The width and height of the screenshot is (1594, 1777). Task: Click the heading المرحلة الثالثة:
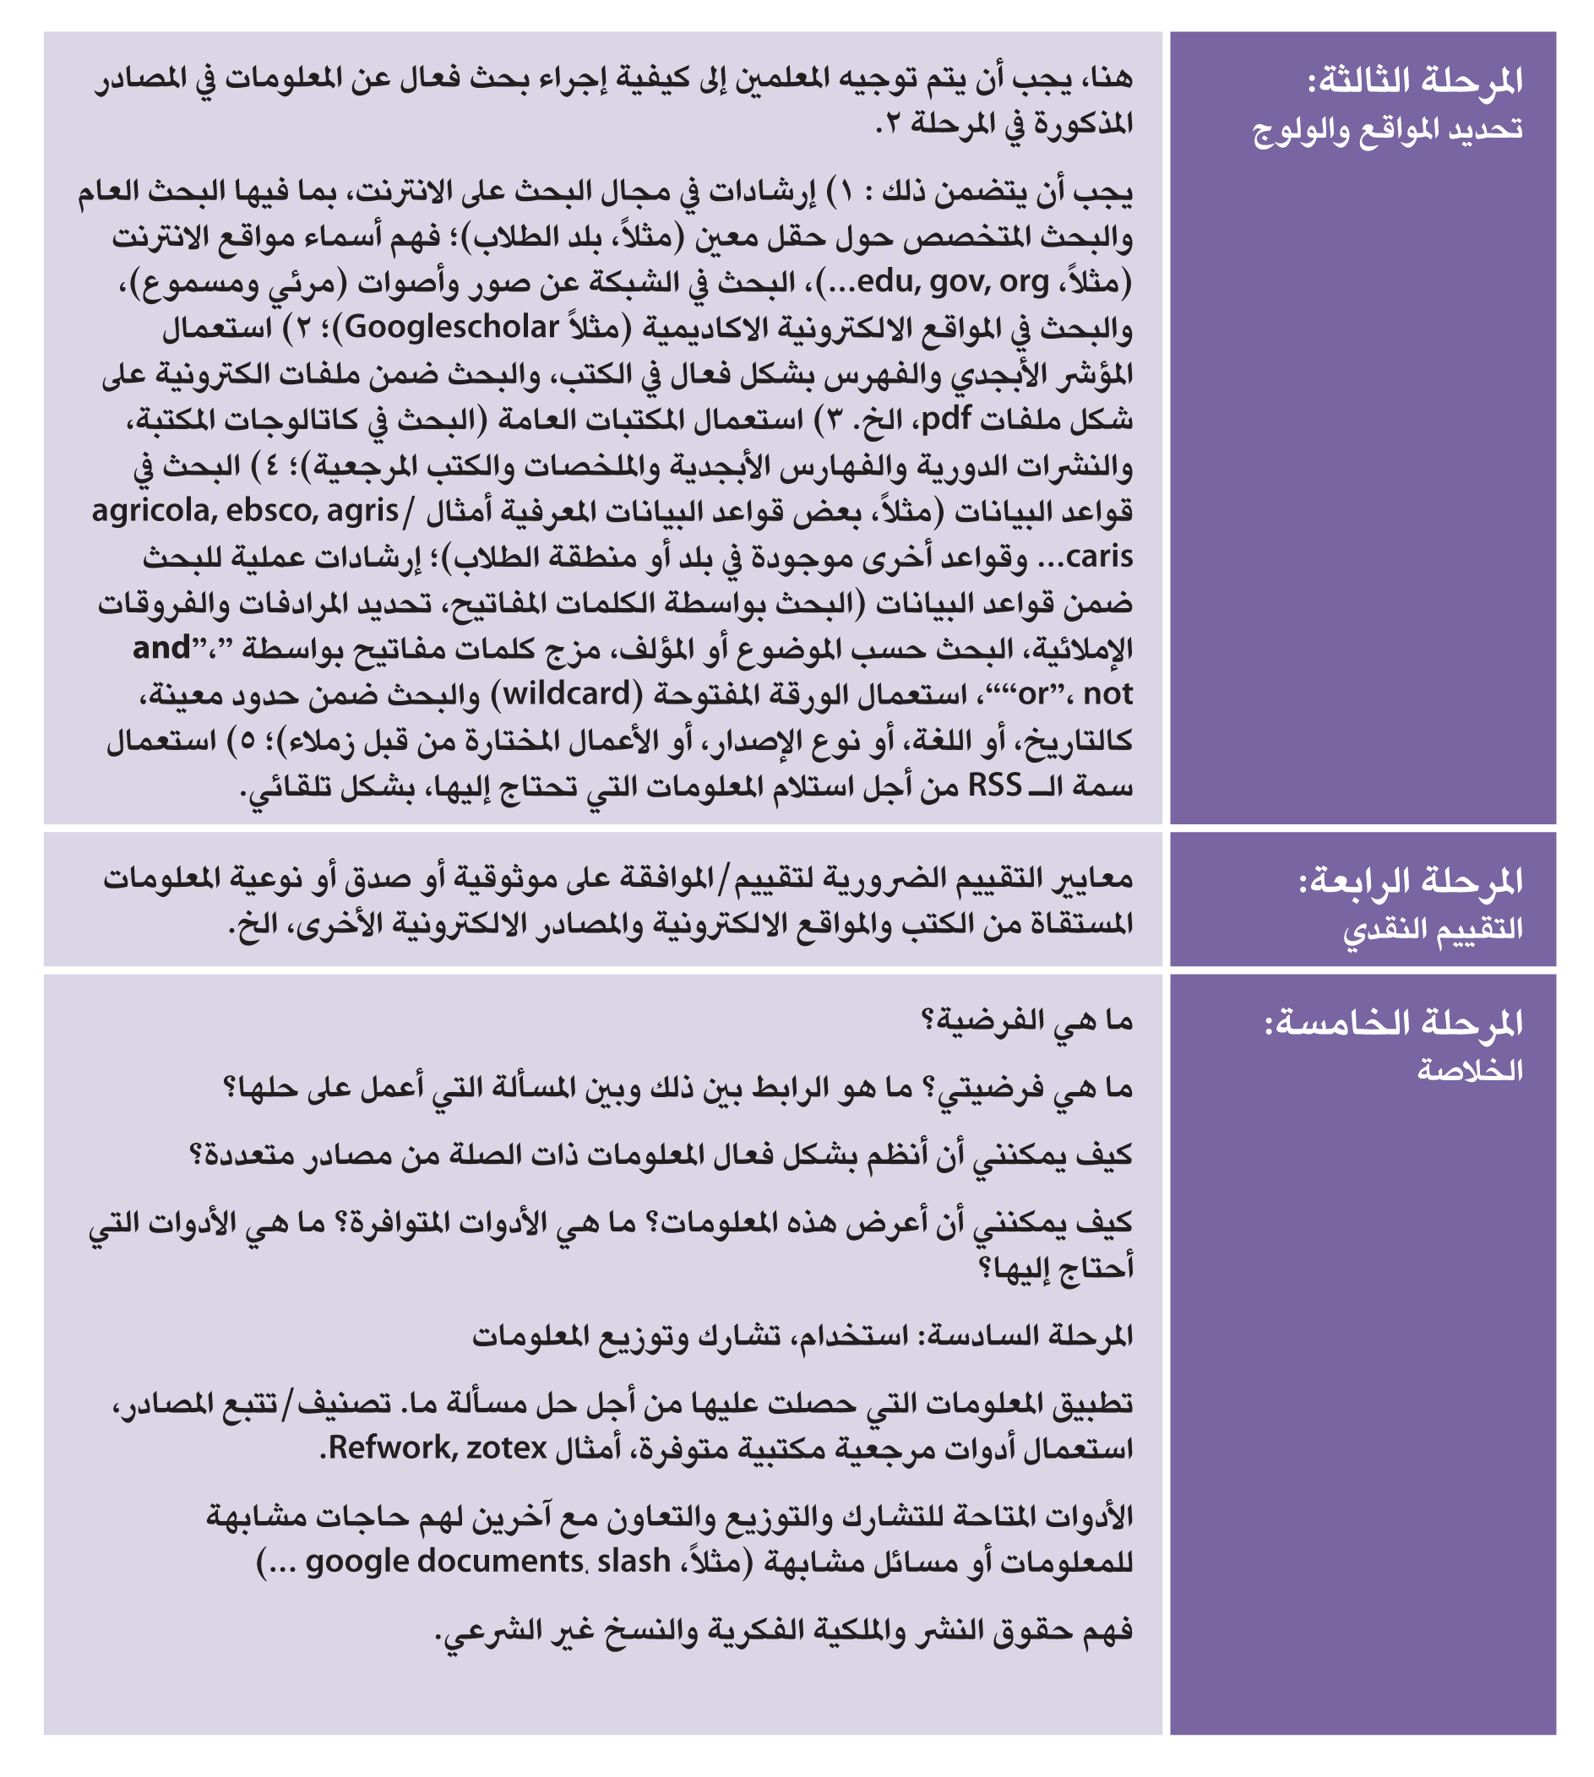click(1414, 81)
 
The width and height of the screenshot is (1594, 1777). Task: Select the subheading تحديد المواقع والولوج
click(1387, 129)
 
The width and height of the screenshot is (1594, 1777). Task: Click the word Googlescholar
click(452, 328)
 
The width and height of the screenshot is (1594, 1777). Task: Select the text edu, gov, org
click(953, 282)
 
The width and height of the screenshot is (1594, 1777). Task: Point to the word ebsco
click(271, 511)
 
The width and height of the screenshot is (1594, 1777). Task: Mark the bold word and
click(161, 648)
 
